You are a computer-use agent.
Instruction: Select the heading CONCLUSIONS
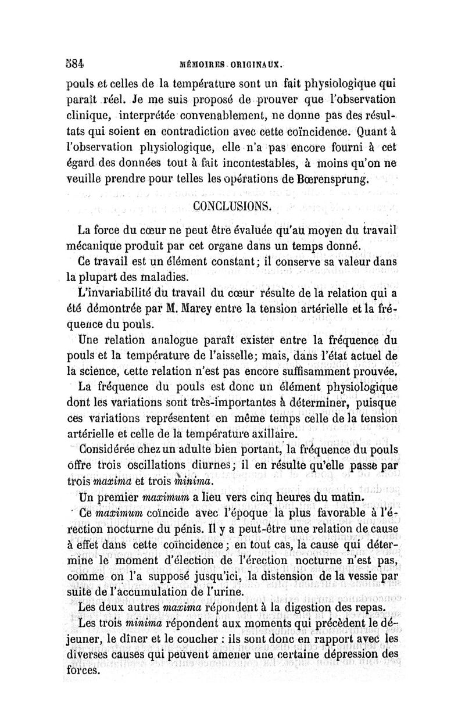pos(232,205)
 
